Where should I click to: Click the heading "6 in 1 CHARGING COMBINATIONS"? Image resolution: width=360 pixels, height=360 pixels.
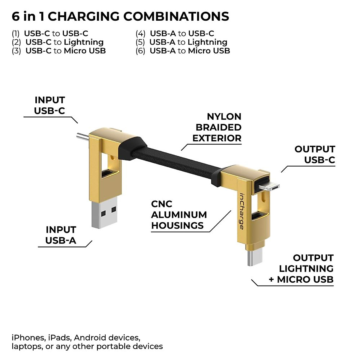click(120, 16)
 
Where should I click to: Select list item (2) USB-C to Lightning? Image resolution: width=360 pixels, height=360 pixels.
click(58, 42)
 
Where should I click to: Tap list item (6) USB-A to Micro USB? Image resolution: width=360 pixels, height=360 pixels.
click(183, 51)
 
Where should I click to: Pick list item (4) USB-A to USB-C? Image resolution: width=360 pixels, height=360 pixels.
click(175, 34)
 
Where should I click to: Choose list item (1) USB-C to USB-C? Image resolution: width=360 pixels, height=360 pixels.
click(50, 34)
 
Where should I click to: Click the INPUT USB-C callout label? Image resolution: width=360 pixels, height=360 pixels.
click(49, 105)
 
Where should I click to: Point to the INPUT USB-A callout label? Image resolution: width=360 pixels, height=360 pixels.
click(61, 235)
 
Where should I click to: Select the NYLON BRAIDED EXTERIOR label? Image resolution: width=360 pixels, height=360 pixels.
click(217, 127)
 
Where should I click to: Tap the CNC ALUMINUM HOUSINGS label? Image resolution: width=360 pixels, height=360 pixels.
click(179, 215)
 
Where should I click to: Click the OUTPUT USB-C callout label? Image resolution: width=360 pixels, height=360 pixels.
click(315, 154)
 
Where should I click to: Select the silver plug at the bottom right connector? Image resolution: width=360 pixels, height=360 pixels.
click(255, 258)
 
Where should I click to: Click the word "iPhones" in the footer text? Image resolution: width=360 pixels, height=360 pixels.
click(28, 338)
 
